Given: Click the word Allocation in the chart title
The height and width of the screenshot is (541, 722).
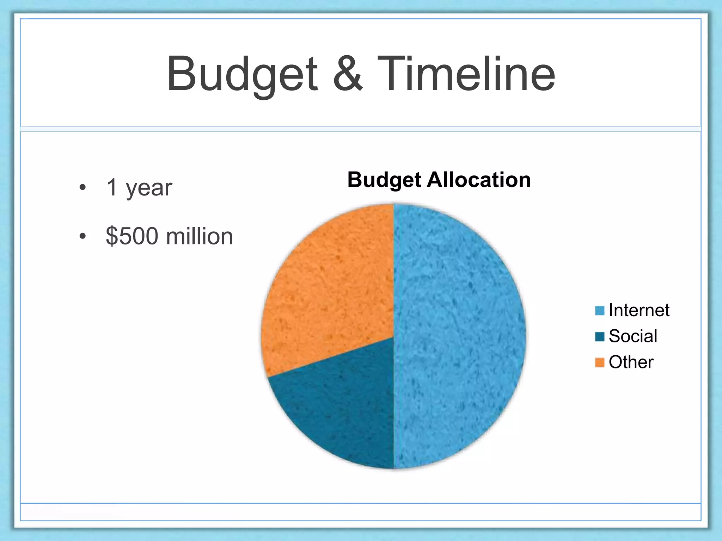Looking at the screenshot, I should [479, 180].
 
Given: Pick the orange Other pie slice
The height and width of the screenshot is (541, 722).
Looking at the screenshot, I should [328, 292].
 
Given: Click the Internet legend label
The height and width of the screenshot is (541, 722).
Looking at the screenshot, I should [639, 310].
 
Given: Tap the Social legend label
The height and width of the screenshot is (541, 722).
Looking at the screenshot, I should [633, 336].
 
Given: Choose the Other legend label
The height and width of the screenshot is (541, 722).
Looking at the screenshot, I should [631, 362].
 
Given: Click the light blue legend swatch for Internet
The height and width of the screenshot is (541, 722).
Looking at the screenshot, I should [600, 311].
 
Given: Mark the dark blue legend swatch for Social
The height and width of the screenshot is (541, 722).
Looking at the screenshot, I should [600, 336].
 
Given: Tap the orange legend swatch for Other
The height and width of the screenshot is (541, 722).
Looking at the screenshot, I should [600, 362].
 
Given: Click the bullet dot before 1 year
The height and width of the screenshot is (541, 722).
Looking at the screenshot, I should [82, 187].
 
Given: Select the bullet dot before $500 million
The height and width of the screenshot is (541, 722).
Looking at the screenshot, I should [82, 236].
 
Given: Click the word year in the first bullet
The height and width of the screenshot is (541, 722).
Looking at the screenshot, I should [149, 188].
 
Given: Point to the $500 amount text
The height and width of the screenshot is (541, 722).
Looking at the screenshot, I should [132, 236].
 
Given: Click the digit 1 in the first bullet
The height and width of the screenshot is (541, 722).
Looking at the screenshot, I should [112, 187].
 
